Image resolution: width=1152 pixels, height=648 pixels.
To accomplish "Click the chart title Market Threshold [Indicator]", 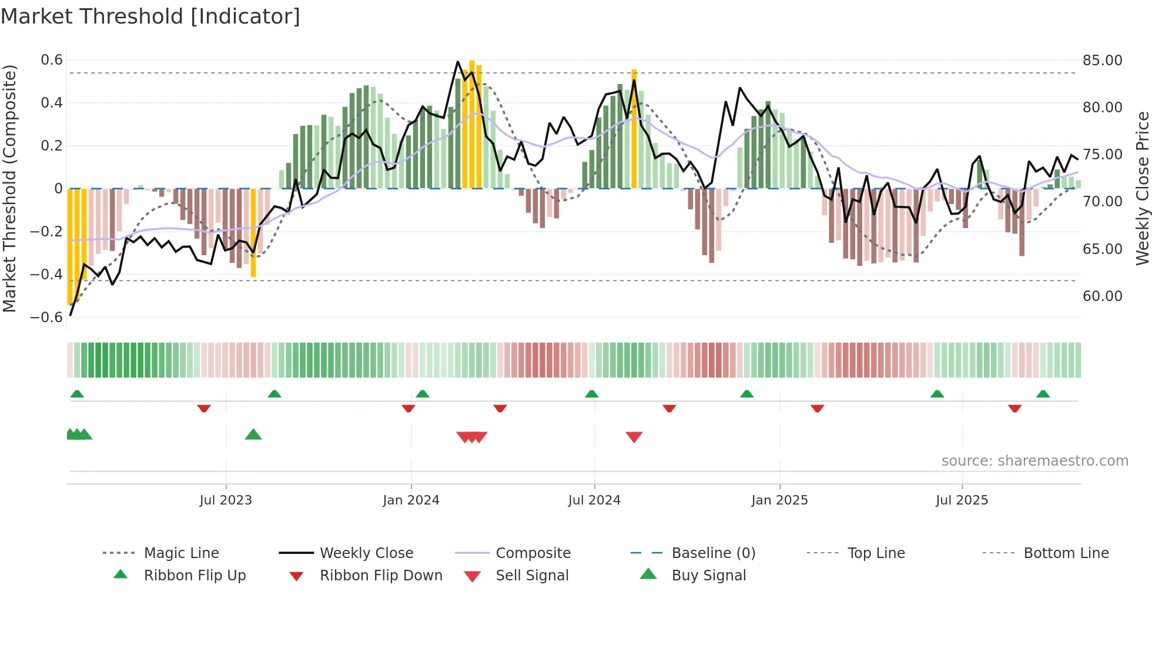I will tap(150, 16).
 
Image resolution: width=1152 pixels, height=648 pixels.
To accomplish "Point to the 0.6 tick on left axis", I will tap(52, 60).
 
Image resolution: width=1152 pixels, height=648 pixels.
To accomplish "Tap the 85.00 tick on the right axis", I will tap(1102, 61).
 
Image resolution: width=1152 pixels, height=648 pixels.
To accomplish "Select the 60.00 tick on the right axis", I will tap(1102, 296).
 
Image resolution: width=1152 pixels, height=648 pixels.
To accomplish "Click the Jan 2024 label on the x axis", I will tap(411, 500).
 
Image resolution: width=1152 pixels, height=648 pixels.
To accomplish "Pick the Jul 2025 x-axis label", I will tap(962, 500).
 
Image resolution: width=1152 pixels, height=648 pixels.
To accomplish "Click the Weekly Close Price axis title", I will tap(1142, 188).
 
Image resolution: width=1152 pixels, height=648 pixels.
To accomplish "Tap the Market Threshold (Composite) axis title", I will tap(9, 188).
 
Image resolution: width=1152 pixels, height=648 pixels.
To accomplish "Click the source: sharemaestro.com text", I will tap(1034, 461).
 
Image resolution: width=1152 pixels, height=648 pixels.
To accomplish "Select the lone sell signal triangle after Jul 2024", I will tap(634, 437).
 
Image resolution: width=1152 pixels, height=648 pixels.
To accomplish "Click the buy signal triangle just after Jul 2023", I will tap(253, 435).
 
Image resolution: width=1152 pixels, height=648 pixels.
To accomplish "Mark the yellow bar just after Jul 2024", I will tap(634, 129).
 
